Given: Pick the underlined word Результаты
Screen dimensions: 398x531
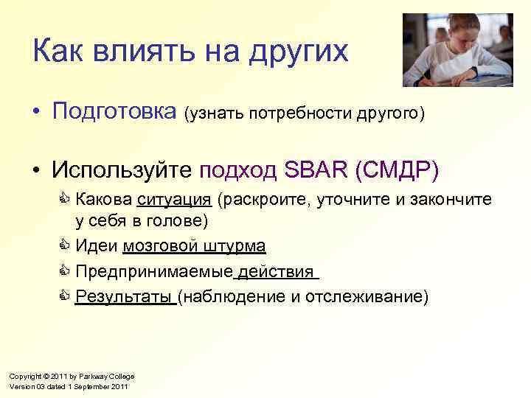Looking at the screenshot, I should click(x=124, y=297).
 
